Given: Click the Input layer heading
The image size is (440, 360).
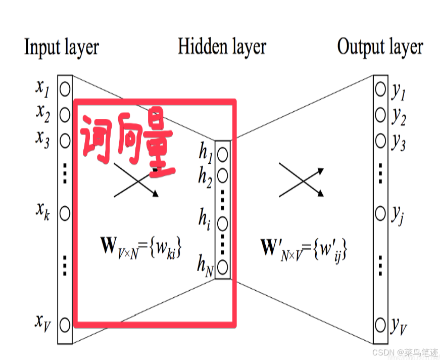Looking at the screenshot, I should [x=61, y=48].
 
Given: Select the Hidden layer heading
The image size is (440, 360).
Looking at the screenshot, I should [x=222, y=47].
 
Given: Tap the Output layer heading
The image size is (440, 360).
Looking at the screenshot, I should [x=380, y=47].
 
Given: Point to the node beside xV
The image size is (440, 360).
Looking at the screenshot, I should [x=65, y=323].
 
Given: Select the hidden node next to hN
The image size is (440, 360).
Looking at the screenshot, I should [x=222, y=266].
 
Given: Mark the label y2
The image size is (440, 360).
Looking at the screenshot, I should [x=399, y=117].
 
